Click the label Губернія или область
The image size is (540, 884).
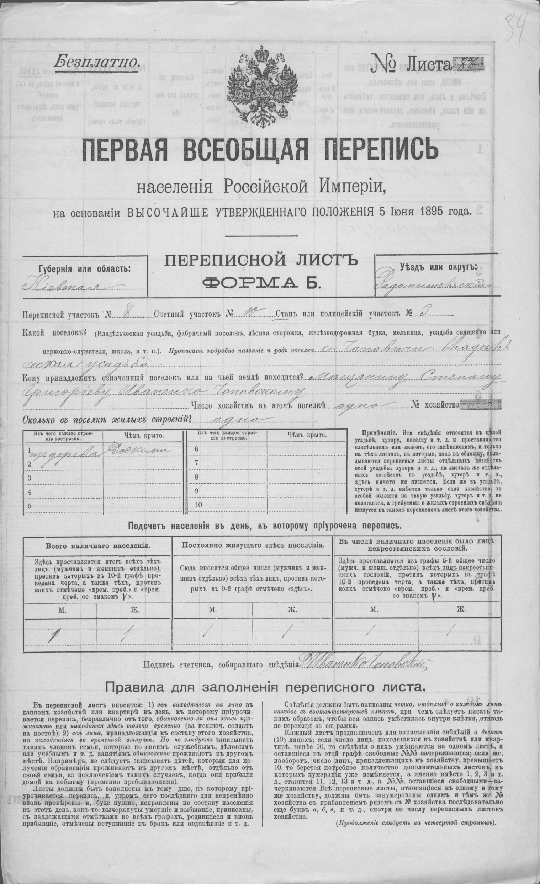85,269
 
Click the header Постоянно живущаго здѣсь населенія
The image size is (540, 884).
253,545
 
